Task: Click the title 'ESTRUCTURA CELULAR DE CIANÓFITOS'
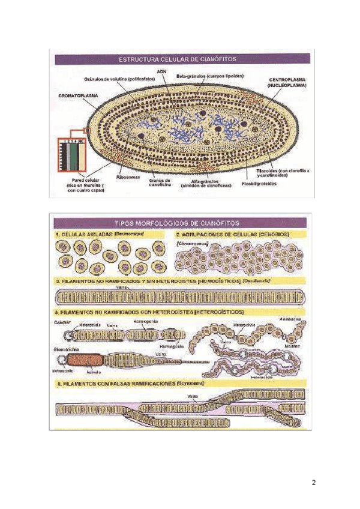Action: click(178, 59)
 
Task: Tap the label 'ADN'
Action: click(161, 71)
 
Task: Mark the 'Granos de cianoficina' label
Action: click(160, 182)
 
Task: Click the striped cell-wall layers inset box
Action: click(72, 156)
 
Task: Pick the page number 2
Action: click(313, 483)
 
